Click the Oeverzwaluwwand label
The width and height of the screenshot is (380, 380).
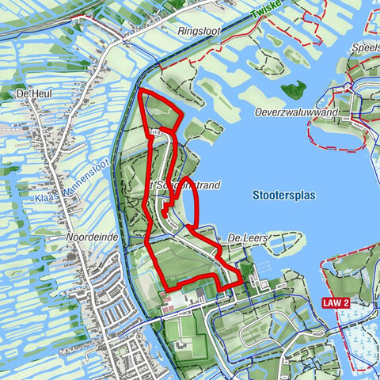click(x=296, y=113)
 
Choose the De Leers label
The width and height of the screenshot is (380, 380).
click(x=247, y=237)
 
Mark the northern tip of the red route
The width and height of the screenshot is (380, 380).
click(x=141, y=92)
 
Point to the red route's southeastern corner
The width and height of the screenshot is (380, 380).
click(x=240, y=279)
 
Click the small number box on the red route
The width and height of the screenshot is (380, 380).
click(x=156, y=134)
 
